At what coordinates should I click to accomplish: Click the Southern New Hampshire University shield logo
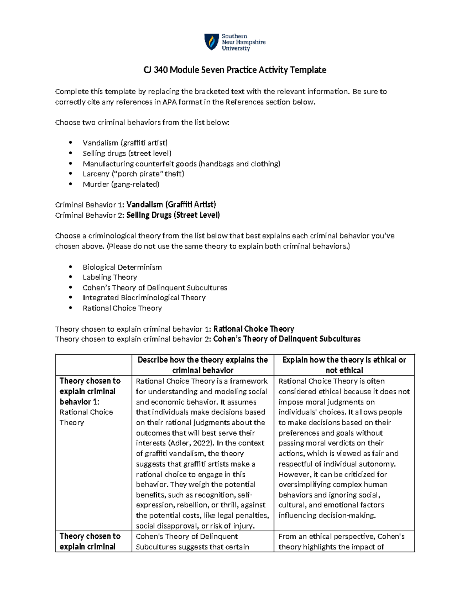(x=211, y=42)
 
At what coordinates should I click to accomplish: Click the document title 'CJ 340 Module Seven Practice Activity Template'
(x=235, y=70)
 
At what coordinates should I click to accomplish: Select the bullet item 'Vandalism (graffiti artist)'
(x=125, y=143)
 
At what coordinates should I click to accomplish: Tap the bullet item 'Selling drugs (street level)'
(x=127, y=153)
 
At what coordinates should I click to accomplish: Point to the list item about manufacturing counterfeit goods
(x=181, y=164)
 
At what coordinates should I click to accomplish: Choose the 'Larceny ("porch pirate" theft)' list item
(x=133, y=174)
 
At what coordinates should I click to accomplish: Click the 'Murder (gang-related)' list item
(x=121, y=184)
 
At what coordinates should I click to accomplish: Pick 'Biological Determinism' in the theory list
(x=122, y=267)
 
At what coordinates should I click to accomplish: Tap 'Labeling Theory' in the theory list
(x=110, y=277)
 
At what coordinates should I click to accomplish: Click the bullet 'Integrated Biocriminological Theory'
(x=144, y=298)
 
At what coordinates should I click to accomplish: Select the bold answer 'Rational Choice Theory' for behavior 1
(x=253, y=329)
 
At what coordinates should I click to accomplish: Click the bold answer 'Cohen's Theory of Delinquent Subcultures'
(x=287, y=339)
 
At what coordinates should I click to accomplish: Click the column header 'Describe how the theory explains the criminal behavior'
(x=202, y=365)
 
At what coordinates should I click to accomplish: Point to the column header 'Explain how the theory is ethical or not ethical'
(x=344, y=365)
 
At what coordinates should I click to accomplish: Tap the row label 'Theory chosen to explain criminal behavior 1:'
(x=90, y=391)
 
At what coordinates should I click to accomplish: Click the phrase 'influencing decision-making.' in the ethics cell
(x=327, y=516)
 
